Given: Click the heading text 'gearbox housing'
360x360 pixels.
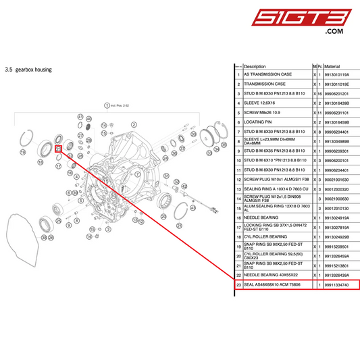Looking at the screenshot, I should pyautogui.click(x=32, y=70).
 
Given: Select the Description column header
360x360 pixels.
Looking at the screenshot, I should pyautogui.click(x=255, y=67).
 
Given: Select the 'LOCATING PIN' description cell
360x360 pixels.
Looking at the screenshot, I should pyautogui.click(x=259, y=122).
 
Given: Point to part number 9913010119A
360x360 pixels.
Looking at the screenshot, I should pyautogui.click(x=336, y=75).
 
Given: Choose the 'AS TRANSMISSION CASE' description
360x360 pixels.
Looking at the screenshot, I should pyautogui.click(x=267, y=75).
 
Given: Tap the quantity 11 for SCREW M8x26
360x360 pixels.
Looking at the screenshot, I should pyautogui.click(x=319, y=113).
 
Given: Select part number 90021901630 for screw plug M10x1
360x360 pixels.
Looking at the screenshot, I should pyautogui.click(x=336, y=179).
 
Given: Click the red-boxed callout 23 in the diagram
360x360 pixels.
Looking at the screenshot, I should pyautogui.click(x=59, y=148).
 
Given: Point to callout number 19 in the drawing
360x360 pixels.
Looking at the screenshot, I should pyautogui.click(x=22, y=153).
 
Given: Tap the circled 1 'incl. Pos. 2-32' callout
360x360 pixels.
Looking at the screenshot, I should pyautogui.click(x=106, y=106).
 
